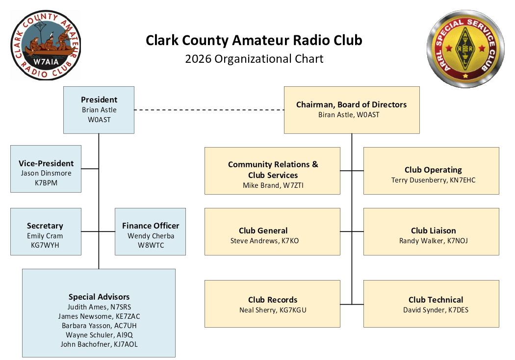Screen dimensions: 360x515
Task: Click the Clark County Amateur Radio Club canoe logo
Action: click(46, 45)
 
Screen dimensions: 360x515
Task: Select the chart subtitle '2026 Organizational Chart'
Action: click(254, 59)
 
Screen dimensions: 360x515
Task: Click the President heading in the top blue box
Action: click(99, 100)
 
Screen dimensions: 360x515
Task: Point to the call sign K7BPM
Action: click(46, 182)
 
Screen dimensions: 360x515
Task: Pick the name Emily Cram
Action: click(45, 236)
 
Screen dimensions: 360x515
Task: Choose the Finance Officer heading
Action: click(151, 226)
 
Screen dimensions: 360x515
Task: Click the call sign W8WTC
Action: click(151, 245)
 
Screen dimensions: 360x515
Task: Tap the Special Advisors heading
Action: click(99, 297)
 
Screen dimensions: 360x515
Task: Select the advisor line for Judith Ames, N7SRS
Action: click(99, 307)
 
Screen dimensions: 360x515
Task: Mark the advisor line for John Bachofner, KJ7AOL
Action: click(99, 344)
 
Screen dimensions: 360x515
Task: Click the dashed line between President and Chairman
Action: click(209, 110)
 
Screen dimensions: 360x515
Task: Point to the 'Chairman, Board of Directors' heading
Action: click(352, 104)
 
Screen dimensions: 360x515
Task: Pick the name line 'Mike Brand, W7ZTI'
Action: click(273, 185)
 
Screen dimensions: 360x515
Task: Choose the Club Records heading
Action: click(273, 300)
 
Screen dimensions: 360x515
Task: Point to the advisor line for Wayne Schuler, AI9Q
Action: click(99, 335)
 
